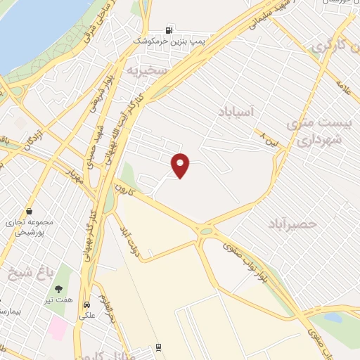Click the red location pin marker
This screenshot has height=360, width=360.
pos(181,165)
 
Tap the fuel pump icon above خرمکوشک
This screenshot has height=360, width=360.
pos(169,30)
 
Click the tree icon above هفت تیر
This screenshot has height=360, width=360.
pos(59,288)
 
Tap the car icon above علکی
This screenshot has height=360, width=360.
pos(86,306)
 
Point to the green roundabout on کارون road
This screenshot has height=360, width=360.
pos(206,230)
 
